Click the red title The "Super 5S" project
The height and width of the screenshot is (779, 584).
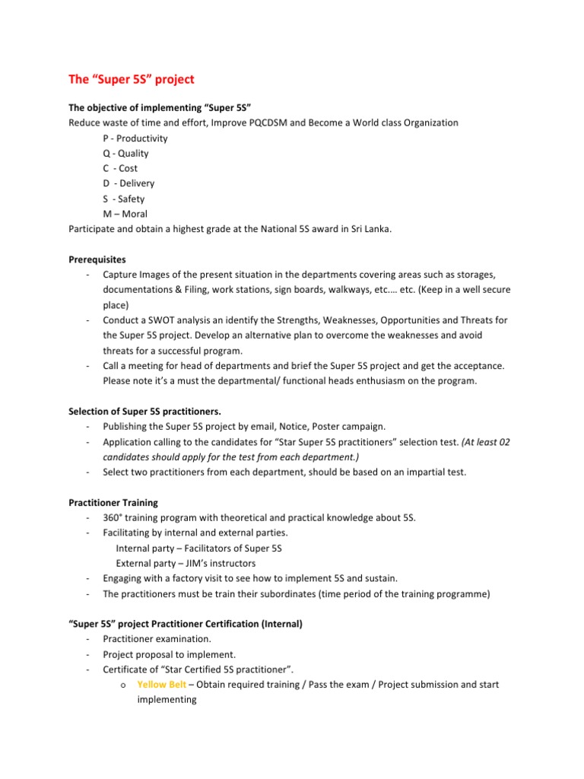click(132, 78)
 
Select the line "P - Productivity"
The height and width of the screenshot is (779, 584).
click(135, 138)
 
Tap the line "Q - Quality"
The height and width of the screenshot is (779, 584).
click(125, 154)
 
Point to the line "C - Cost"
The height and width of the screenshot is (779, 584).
click(120, 169)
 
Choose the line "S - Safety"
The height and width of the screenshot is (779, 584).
click(123, 199)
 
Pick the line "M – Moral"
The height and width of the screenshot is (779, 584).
click(125, 214)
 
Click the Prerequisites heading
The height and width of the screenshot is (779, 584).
click(98, 259)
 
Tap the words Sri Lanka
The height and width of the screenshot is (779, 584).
click(370, 229)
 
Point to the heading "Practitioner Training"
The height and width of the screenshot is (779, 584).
click(113, 502)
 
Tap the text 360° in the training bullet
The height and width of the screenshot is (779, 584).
click(116, 517)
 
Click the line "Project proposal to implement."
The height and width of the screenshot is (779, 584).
click(163, 654)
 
